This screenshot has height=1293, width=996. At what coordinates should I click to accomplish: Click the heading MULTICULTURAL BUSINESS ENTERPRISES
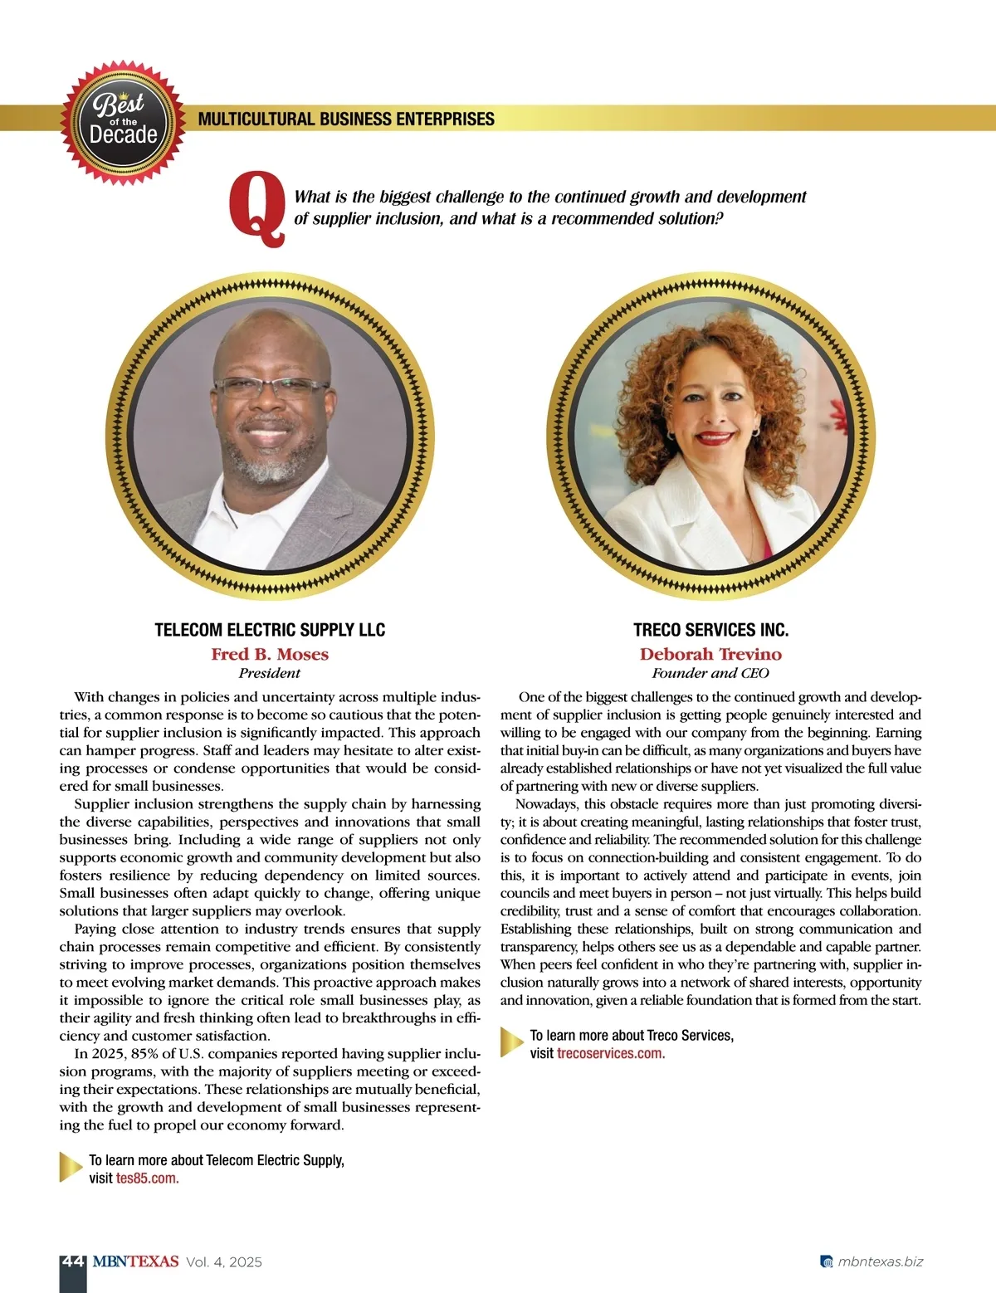click(346, 119)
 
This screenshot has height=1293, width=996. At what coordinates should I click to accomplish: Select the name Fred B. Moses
click(270, 654)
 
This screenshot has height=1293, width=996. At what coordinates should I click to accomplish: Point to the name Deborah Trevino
click(710, 654)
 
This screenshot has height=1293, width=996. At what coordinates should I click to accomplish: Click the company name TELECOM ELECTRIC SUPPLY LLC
click(270, 630)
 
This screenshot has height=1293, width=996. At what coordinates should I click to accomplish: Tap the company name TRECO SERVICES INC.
click(710, 630)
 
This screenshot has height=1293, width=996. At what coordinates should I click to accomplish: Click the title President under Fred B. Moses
click(270, 673)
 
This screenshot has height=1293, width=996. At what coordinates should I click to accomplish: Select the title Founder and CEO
click(710, 673)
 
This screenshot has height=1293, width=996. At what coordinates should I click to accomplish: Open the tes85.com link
click(147, 1178)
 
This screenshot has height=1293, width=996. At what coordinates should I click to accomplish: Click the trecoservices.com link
click(611, 1053)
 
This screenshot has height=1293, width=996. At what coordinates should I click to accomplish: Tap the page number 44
click(73, 1261)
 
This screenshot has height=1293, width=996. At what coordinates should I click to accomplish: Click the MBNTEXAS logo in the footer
click(135, 1261)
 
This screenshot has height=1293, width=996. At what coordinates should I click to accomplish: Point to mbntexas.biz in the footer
click(880, 1261)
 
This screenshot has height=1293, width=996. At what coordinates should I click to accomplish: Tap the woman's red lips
click(714, 437)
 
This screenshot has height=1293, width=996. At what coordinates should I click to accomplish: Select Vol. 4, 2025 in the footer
click(224, 1261)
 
